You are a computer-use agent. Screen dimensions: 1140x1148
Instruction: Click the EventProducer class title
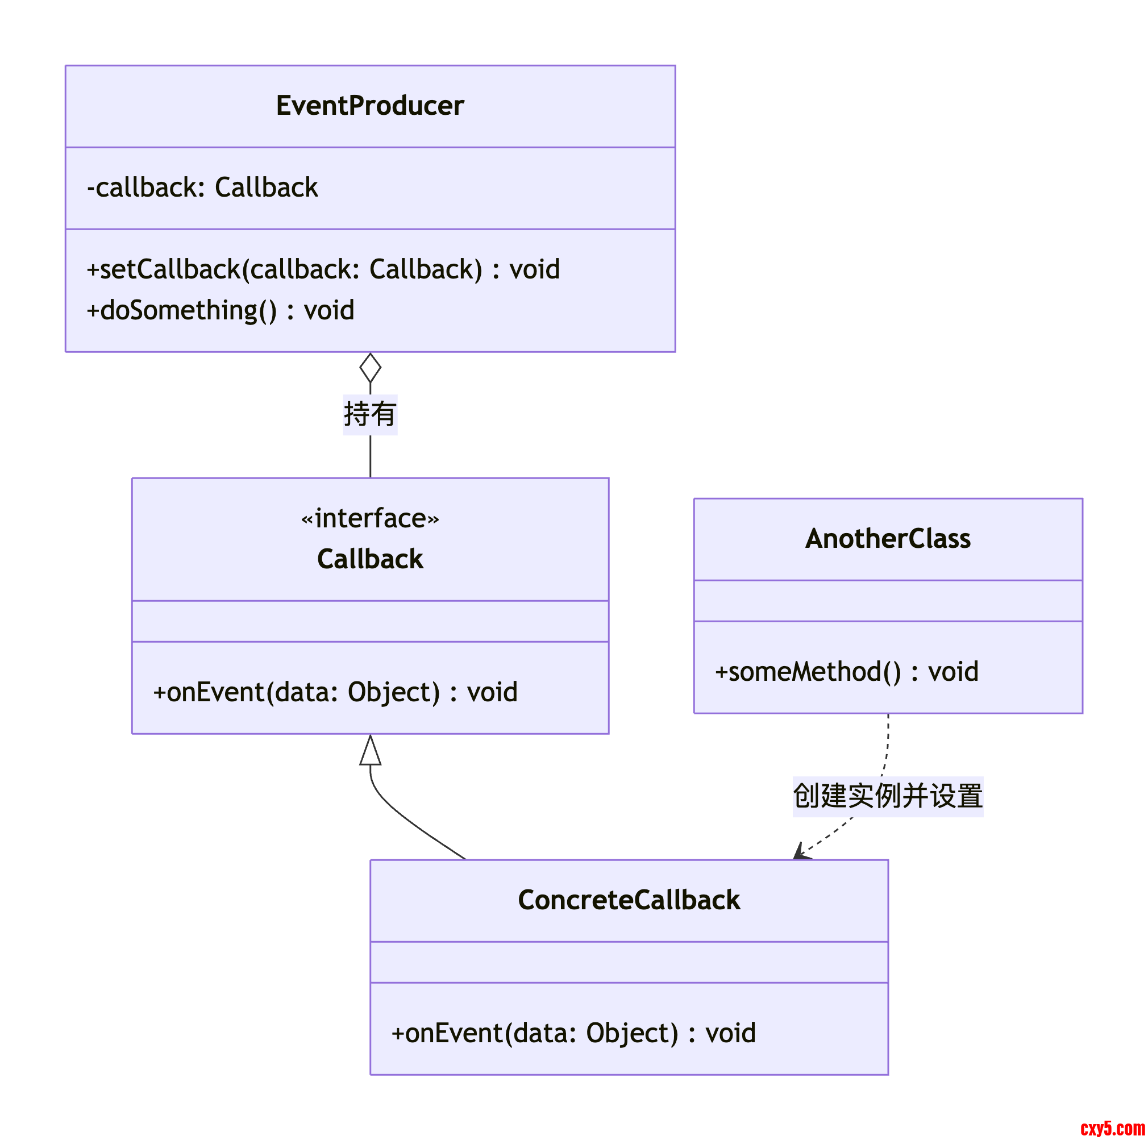point(369,106)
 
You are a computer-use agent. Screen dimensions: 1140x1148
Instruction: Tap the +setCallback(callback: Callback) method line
point(323,270)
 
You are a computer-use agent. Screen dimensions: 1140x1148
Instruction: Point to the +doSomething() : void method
point(220,311)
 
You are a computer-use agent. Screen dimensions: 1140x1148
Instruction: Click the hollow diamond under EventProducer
point(370,368)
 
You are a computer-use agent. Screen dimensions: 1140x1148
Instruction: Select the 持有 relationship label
point(369,414)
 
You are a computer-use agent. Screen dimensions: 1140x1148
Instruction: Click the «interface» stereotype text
point(369,519)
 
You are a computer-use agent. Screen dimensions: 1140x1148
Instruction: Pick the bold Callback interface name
point(369,560)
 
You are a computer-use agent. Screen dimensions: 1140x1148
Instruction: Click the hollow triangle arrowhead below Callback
point(370,751)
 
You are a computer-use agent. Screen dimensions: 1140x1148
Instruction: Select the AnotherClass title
point(888,539)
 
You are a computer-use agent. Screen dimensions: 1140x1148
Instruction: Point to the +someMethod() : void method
point(846,672)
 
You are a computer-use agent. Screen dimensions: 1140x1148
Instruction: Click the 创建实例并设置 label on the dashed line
point(888,796)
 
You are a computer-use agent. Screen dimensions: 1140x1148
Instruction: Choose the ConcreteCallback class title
point(629,900)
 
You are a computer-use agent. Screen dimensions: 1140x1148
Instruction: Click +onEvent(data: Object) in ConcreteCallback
point(573,1033)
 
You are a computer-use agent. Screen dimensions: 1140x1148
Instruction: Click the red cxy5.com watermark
point(1112,1127)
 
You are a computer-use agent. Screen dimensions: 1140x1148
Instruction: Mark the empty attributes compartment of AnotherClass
point(888,601)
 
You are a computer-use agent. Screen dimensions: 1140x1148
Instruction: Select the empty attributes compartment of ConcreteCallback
point(629,962)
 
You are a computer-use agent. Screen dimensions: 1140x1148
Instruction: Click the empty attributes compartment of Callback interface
point(369,621)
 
